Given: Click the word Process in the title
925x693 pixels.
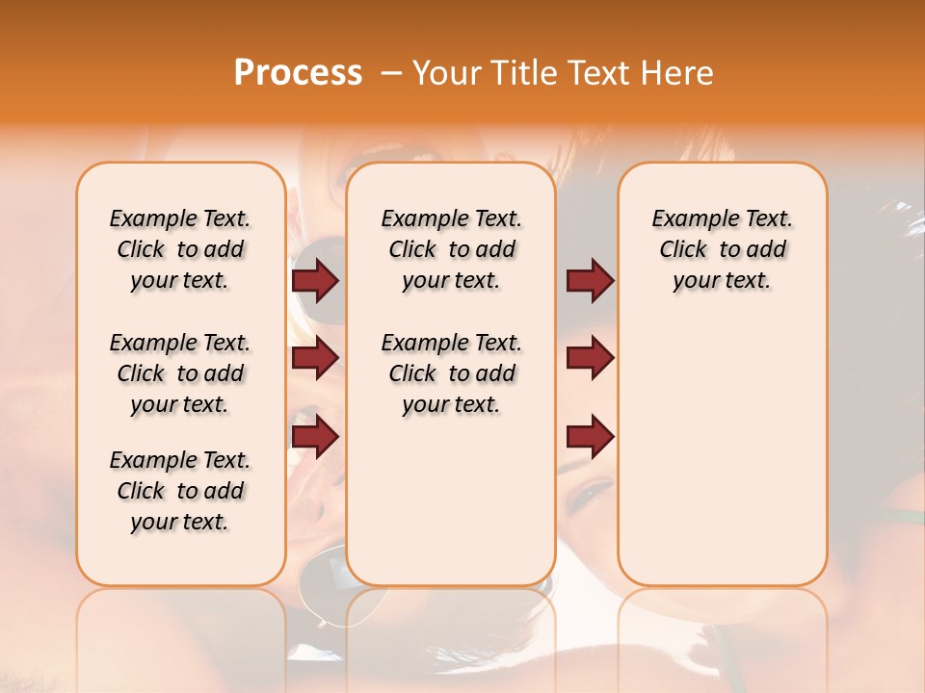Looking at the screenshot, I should click(298, 73).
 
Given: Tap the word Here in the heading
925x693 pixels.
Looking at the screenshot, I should click(677, 73).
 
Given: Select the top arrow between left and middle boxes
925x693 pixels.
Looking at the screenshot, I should click(315, 280).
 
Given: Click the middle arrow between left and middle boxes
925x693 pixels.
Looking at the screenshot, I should click(315, 358).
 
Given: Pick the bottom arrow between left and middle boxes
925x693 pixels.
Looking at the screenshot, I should click(315, 437).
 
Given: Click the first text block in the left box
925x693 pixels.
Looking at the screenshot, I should click(180, 249).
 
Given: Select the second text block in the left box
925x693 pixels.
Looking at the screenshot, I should click(180, 373).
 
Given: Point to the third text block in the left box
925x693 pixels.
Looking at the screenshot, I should click(180, 491).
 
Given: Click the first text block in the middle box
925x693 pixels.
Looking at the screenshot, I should click(451, 249).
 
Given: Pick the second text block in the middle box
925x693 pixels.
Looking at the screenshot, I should click(451, 373).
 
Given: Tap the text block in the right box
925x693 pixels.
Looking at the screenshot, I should click(722, 249).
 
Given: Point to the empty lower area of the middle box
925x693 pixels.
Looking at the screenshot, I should click(451, 500).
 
